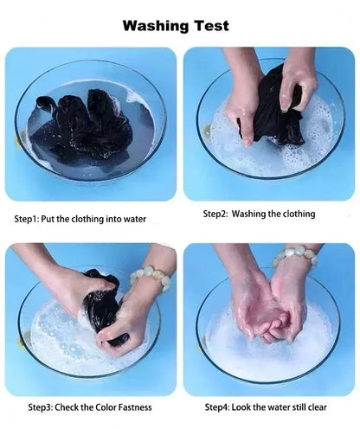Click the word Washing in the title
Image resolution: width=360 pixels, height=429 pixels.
pyautogui.click(x=157, y=26)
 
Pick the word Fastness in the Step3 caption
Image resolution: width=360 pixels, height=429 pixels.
pyautogui.click(x=135, y=407)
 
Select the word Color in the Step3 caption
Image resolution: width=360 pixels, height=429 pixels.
pyautogui.click(x=106, y=407)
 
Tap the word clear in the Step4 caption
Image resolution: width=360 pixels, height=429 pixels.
pyautogui.click(x=317, y=407)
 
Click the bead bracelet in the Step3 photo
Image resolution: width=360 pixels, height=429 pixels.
pyautogui.click(x=151, y=278)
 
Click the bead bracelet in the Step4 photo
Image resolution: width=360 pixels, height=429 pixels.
pyautogui.click(x=294, y=254)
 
